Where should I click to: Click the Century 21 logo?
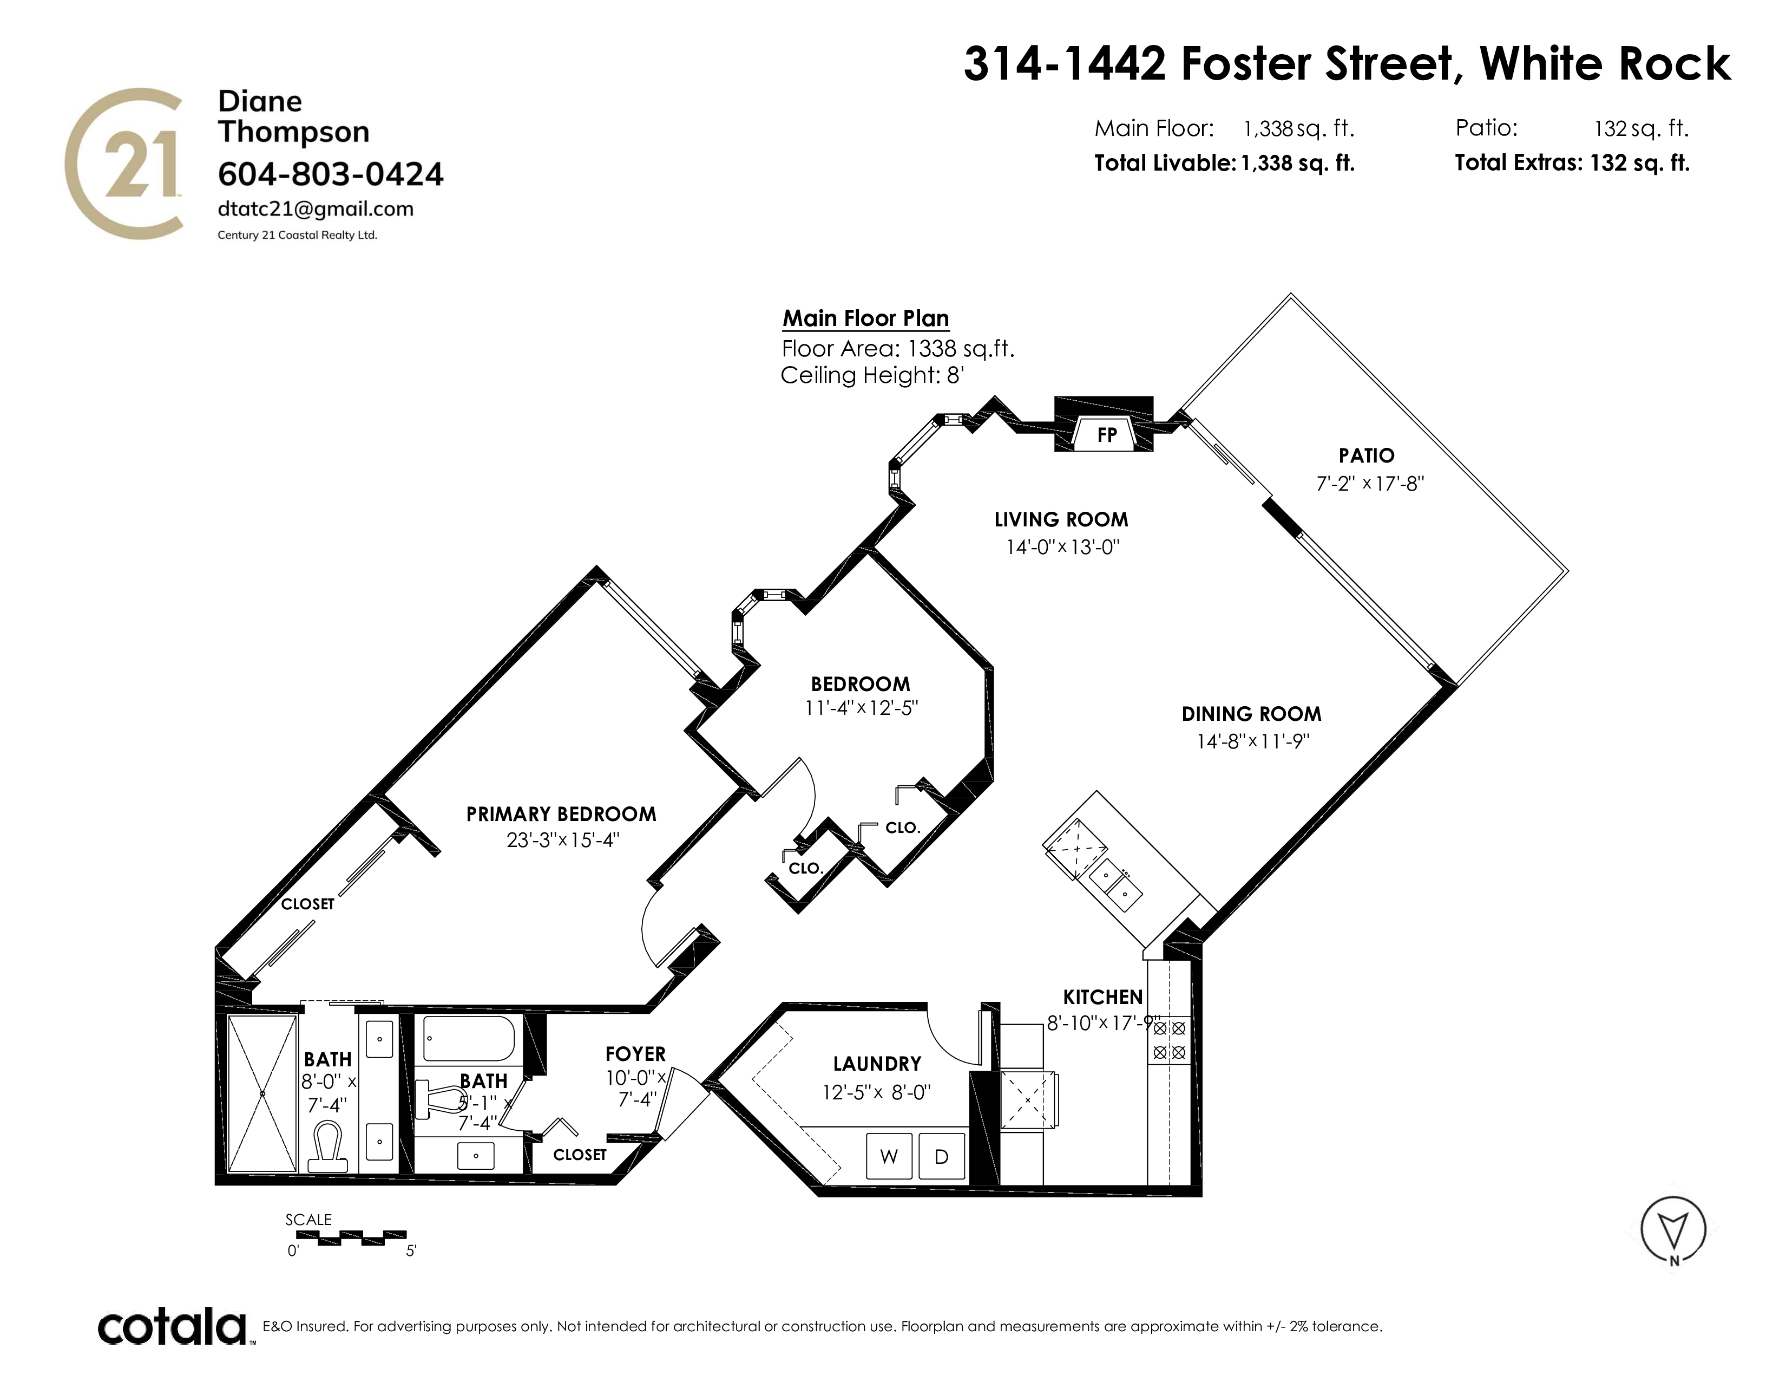pyautogui.click(x=123, y=164)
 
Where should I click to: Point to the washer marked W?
pyautogui.click(x=889, y=1156)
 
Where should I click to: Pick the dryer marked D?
pyautogui.click(x=941, y=1156)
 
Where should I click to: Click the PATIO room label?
pyautogui.click(x=1367, y=455)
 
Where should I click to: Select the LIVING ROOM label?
pyautogui.click(x=1061, y=519)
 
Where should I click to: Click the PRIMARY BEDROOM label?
pyautogui.click(x=561, y=814)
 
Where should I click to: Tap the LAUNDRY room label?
pyautogui.click(x=877, y=1064)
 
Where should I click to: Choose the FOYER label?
pyautogui.click(x=635, y=1054)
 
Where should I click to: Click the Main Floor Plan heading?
pyautogui.click(x=866, y=318)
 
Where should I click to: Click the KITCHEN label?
pyautogui.click(x=1102, y=996)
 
